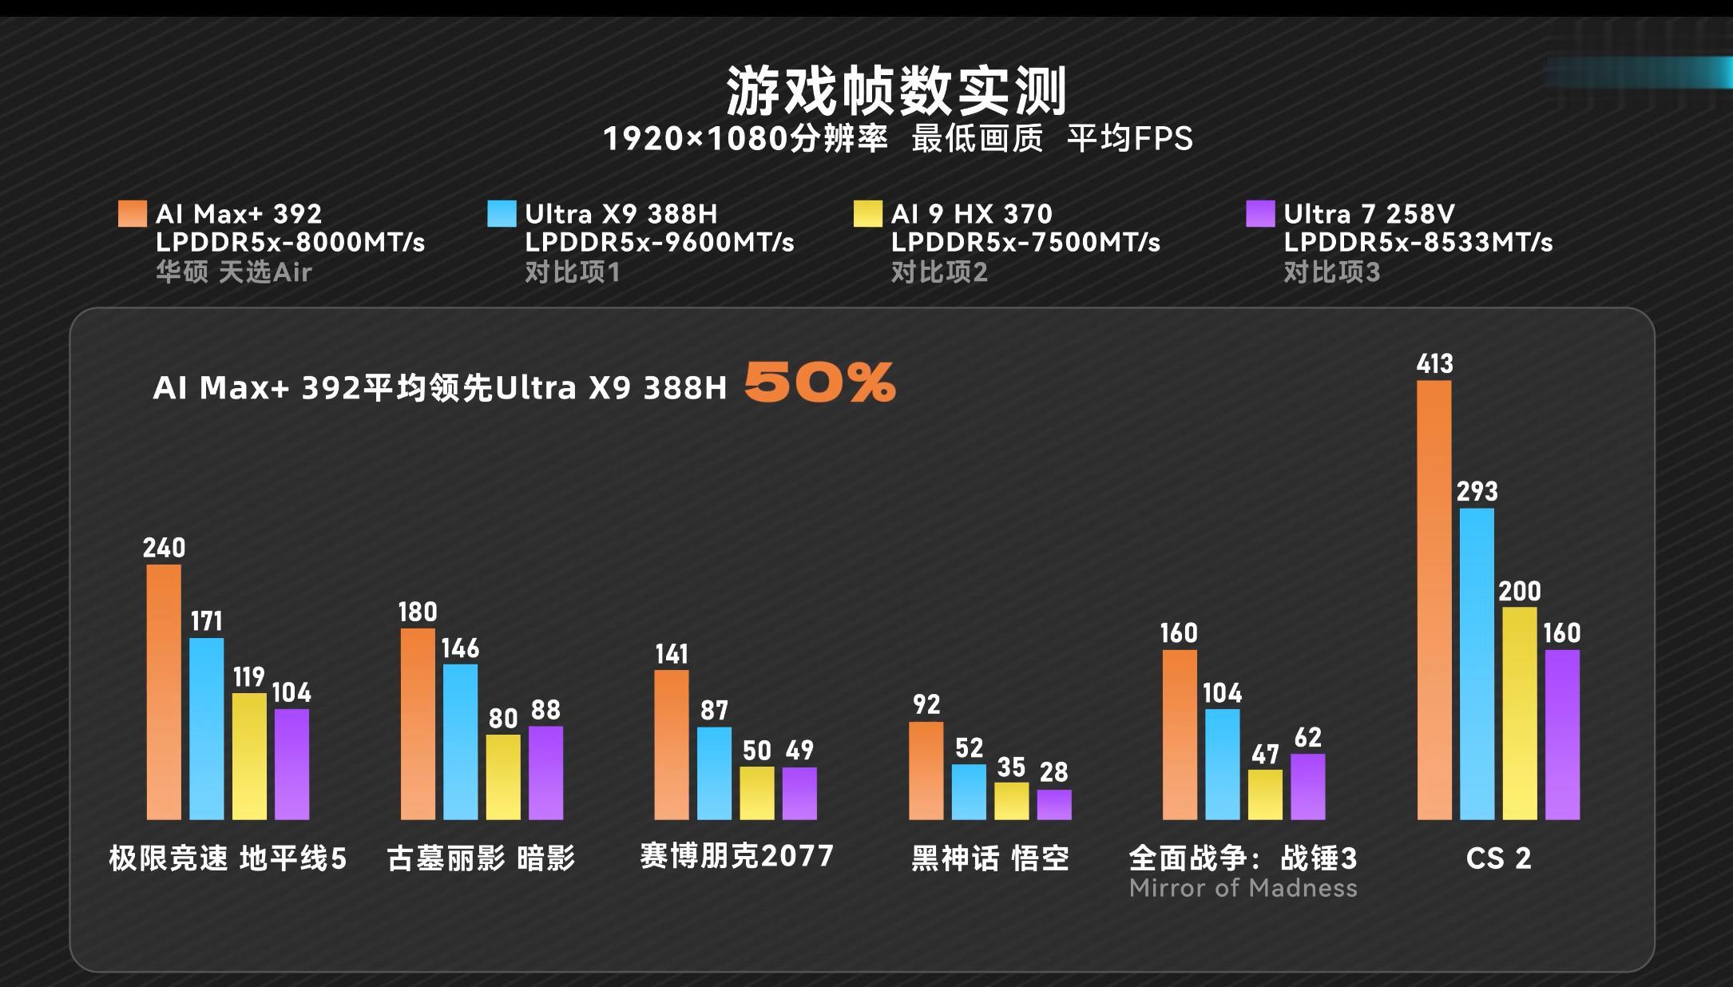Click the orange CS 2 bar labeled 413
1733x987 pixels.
pos(1434,600)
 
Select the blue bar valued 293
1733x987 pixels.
pos(1477,664)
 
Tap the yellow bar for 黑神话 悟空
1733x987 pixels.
pos(1011,801)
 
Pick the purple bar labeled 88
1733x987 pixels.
pos(545,772)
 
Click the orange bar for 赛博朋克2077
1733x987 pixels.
pos(671,744)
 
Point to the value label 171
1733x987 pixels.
pos(206,621)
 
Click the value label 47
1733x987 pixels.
pos(1265,755)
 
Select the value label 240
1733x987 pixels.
pos(164,548)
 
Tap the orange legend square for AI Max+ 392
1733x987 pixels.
pos(133,214)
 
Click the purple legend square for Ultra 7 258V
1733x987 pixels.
pos(1260,214)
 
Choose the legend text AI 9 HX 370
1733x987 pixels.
pos(971,214)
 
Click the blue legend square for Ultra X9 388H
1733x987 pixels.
pos(502,214)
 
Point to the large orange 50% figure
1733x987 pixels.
pos(819,383)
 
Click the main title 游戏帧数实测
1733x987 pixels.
pos(896,91)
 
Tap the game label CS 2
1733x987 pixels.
pos(1498,858)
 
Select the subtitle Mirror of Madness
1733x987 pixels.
pos(1243,888)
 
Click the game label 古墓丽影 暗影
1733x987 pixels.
pos(481,858)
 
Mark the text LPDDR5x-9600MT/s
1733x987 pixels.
pos(659,243)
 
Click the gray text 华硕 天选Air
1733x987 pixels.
pos(233,273)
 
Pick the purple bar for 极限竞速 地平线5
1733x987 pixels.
pos(291,764)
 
